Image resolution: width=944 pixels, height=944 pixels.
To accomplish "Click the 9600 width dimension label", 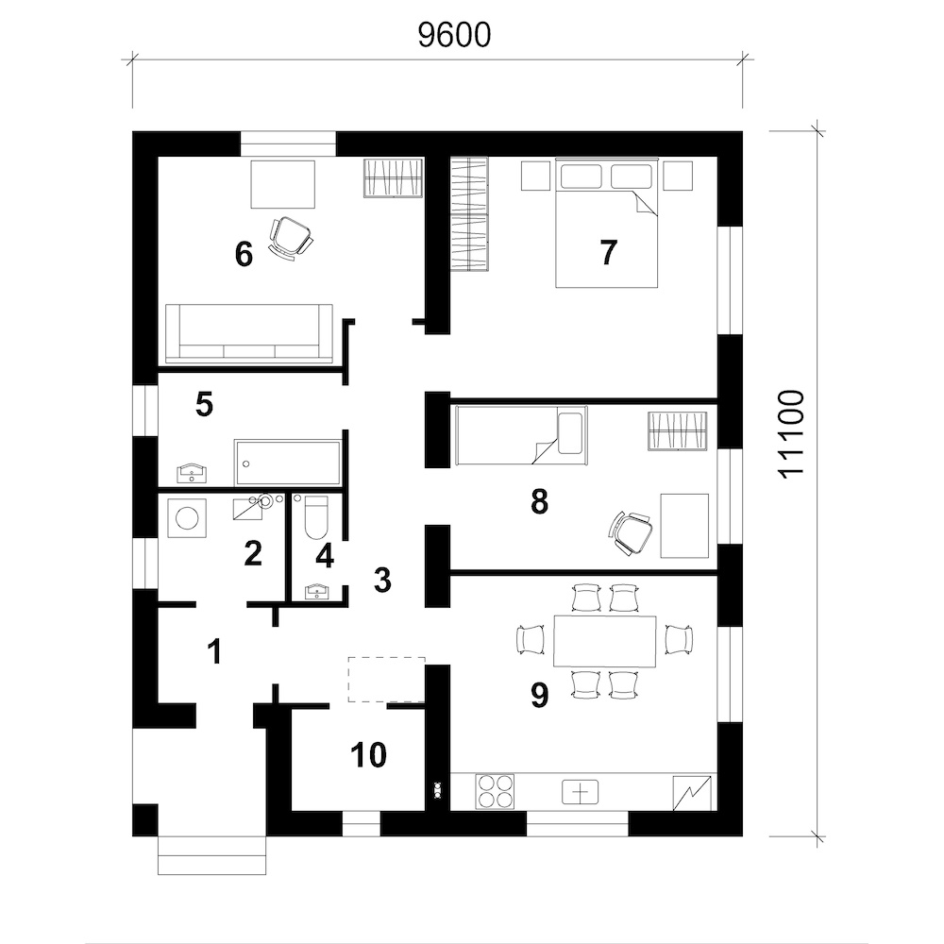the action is (x=455, y=35).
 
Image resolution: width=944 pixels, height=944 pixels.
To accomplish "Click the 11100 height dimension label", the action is (x=791, y=434).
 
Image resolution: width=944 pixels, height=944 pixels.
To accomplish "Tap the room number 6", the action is (x=244, y=254).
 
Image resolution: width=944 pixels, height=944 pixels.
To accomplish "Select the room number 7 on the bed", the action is (x=609, y=252).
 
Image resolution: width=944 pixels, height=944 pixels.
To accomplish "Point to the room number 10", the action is (x=368, y=754).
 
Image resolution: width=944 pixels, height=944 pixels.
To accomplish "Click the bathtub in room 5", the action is (x=288, y=463).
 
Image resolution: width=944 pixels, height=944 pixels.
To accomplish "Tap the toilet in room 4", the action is (x=316, y=517).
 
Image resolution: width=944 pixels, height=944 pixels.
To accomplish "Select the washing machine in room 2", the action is (x=187, y=517).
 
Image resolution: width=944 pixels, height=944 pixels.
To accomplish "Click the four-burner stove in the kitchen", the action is (x=497, y=791).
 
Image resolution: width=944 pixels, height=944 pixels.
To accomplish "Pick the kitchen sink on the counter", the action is (x=581, y=792).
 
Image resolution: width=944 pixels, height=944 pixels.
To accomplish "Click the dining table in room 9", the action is (x=604, y=641).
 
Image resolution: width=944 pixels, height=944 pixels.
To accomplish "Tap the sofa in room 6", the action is (x=248, y=334).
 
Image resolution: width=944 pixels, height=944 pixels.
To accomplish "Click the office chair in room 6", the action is (x=291, y=238).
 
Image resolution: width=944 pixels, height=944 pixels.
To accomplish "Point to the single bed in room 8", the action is (x=521, y=435).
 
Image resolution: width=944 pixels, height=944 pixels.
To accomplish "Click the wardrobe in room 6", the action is (x=394, y=177).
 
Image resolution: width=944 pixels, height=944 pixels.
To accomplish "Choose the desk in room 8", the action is (x=684, y=526).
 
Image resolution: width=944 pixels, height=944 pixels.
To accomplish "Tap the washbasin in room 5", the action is (x=193, y=474).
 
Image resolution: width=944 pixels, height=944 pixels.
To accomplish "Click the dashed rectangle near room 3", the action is (x=386, y=680).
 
